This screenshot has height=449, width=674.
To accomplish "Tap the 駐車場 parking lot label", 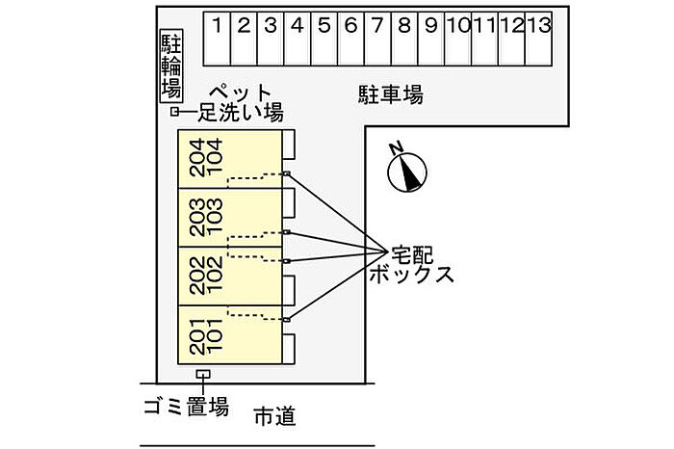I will coord(391,94).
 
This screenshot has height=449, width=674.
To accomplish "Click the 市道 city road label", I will coord(274,417).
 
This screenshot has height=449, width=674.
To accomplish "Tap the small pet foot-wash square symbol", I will coord(175,113).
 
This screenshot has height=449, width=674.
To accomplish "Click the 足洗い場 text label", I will coord(240,114).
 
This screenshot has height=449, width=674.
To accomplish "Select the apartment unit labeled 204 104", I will coord(231,159).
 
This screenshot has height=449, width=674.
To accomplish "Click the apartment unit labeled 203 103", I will coord(231,218).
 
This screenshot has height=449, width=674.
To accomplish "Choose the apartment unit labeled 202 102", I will coord(231,276).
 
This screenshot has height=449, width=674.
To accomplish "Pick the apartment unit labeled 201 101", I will coord(231,334).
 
